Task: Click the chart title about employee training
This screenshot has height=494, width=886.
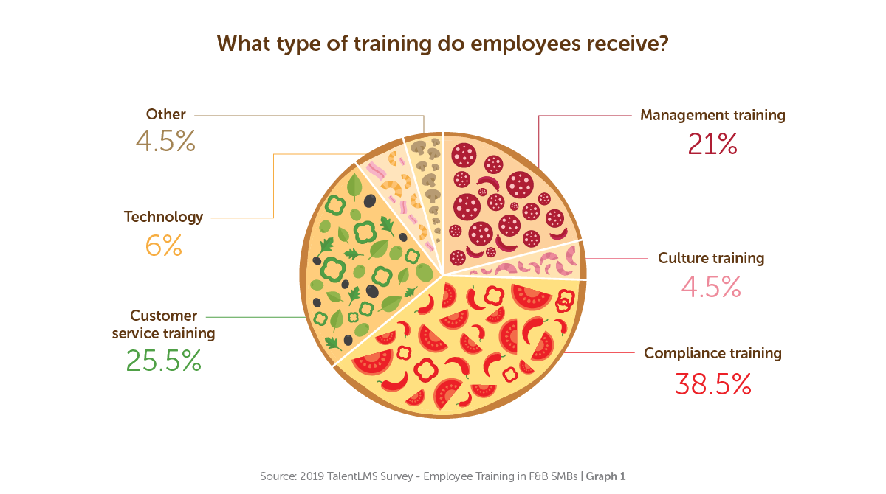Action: pyautogui.click(x=443, y=44)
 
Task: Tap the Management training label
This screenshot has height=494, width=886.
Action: pyautogui.click(x=712, y=115)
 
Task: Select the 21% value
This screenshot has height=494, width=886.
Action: pyautogui.click(x=712, y=144)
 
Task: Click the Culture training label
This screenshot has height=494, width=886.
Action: pyautogui.click(x=711, y=258)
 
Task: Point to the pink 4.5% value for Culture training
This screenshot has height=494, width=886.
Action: pyautogui.click(x=711, y=287)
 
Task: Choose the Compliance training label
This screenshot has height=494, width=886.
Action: pyautogui.click(x=712, y=353)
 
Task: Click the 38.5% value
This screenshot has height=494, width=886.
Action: pyautogui.click(x=712, y=383)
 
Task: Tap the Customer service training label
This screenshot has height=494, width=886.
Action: pyautogui.click(x=164, y=324)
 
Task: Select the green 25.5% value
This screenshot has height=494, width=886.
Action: pyautogui.click(x=164, y=361)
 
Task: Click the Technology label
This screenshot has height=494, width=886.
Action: pyautogui.click(x=163, y=217)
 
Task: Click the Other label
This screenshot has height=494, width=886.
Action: pyautogui.click(x=165, y=114)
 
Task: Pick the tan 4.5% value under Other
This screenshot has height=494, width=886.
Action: pyautogui.click(x=165, y=142)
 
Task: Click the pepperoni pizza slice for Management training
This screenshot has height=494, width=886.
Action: pyautogui.click(x=502, y=199)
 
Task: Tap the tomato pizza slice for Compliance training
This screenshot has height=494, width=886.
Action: pyautogui.click(x=473, y=339)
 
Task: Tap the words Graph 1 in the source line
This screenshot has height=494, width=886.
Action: pyautogui.click(x=605, y=476)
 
